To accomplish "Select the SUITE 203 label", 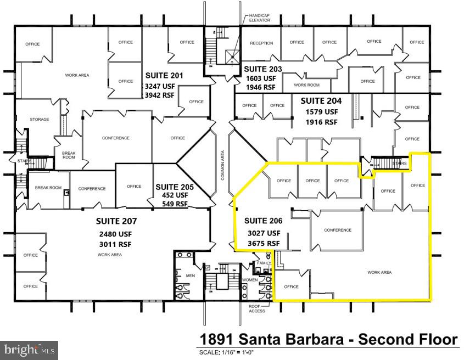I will point(262,69).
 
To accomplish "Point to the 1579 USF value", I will point(321,112).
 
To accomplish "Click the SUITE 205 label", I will point(175,187).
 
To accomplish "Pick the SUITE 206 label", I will point(262,221).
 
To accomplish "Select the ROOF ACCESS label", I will point(256,309).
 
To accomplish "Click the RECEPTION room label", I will point(261,43).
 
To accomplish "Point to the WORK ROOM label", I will point(306,85).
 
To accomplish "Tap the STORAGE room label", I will point(39,119).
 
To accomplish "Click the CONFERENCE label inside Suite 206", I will point(338,230).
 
